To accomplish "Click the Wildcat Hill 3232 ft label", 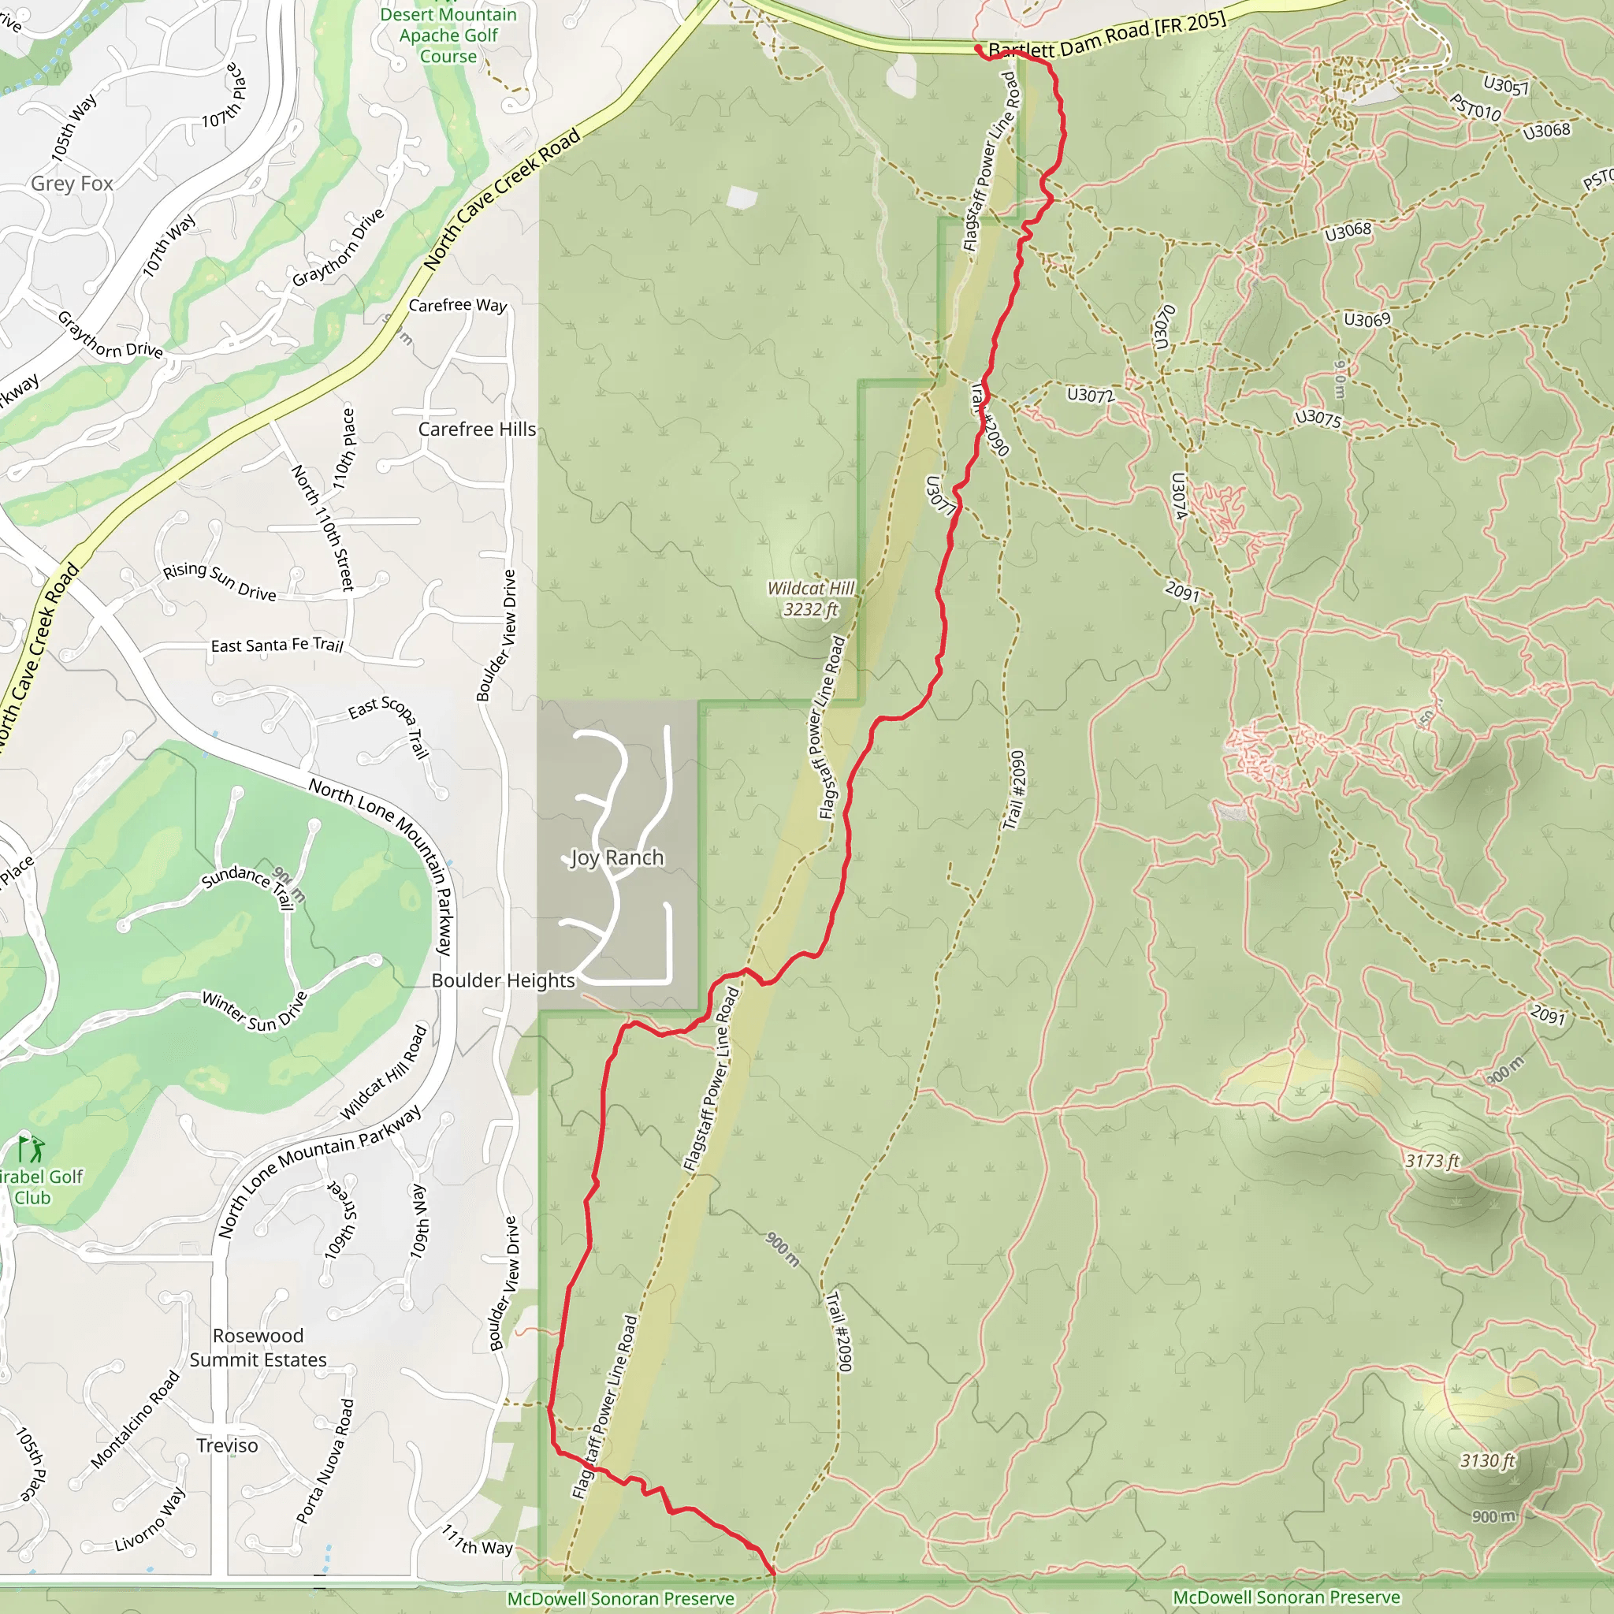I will pyautogui.click(x=810, y=599).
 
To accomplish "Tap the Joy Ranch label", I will pyautogui.click(x=617, y=857).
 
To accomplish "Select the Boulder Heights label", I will pyautogui.click(x=503, y=980).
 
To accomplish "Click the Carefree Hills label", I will pyautogui.click(x=477, y=429).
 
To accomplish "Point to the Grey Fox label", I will pyautogui.click(x=72, y=183).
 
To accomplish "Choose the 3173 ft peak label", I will pyautogui.click(x=1432, y=1160).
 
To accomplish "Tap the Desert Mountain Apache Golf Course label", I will pyautogui.click(x=448, y=35).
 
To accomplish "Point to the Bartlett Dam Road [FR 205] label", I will pyautogui.click(x=1107, y=38).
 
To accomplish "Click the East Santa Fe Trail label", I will pyautogui.click(x=277, y=645).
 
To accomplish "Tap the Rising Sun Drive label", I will pyautogui.click(x=220, y=581).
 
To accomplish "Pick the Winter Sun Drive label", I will pyautogui.click(x=255, y=1011).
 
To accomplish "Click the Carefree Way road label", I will pyautogui.click(x=458, y=306).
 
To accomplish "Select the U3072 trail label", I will pyautogui.click(x=1090, y=394).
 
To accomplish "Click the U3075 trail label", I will pyautogui.click(x=1318, y=418).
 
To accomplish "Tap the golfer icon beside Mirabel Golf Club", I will pyautogui.click(x=32, y=1151).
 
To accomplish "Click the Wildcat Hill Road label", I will pyautogui.click(x=385, y=1073).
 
